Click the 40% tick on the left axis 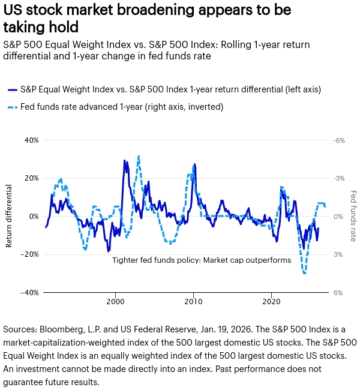[x=31, y=140]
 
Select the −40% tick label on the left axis [x=29, y=292]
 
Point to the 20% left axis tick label [x=31, y=178]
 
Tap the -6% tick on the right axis [x=338, y=140]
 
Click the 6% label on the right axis [x=338, y=292]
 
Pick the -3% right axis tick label [x=338, y=178]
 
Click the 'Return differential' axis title [x=9, y=216]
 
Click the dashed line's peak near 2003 [x=139, y=156]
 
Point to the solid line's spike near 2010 [x=194, y=164]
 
